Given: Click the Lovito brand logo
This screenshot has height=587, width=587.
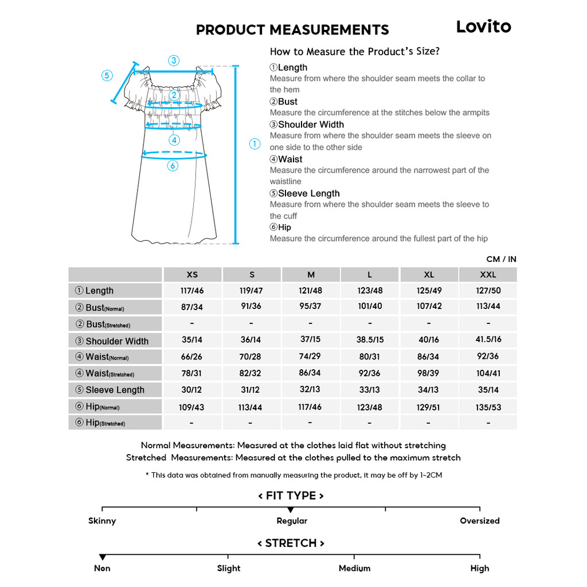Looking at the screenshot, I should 483,26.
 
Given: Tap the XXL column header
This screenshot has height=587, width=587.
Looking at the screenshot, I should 488,275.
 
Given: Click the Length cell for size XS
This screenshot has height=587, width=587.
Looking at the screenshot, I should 192,291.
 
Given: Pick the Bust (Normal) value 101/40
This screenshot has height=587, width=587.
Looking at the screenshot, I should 370,306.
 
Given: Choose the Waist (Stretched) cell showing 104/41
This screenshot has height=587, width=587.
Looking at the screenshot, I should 488,373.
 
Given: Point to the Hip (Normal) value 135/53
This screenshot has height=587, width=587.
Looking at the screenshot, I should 488,407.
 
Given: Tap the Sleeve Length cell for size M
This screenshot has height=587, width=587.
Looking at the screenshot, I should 310,389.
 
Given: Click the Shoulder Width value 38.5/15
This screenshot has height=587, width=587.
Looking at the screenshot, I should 370,339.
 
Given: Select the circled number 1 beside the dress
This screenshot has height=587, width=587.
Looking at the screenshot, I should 255,144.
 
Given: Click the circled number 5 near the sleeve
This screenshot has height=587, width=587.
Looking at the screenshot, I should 107,76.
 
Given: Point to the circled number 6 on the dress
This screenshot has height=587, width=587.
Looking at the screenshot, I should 173,166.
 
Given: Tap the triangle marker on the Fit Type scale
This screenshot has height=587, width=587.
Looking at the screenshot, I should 291,510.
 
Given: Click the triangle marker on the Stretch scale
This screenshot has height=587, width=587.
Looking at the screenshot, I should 103,557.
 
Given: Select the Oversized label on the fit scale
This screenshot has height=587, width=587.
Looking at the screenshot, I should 480,521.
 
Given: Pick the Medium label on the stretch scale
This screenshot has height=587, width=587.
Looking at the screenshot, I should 354,568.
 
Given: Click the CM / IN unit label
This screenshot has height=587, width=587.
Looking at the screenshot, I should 501,259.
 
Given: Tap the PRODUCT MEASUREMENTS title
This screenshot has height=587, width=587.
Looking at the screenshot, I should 292,30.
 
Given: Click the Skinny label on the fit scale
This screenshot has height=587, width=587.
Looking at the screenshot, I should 102,521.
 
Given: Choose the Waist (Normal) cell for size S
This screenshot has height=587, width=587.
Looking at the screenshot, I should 251,357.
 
